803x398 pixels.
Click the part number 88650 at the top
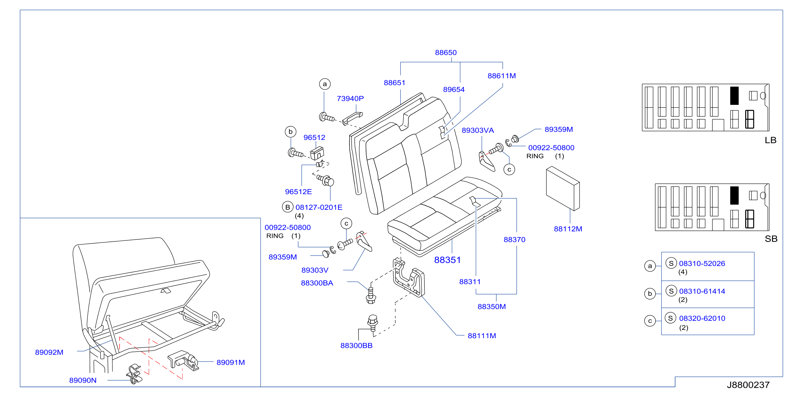(x=446, y=52)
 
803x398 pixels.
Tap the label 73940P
(x=350, y=99)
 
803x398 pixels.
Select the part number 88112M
(x=568, y=229)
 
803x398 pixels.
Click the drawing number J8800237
(x=748, y=385)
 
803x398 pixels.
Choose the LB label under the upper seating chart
(x=771, y=140)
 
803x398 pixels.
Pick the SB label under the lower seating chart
(x=771, y=239)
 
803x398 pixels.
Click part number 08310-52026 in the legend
(x=702, y=264)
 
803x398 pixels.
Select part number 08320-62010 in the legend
(x=702, y=318)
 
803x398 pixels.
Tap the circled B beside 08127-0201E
(x=287, y=207)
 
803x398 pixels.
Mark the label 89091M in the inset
(x=231, y=362)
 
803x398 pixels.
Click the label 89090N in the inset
(x=83, y=380)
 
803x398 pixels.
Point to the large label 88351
(x=447, y=260)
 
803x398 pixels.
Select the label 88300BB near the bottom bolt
(x=356, y=346)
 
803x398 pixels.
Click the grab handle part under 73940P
(x=353, y=118)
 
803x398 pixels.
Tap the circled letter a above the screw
(x=325, y=84)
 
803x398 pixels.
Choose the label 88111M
(x=482, y=336)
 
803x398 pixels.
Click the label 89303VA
(x=478, y=130)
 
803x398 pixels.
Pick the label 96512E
(x=298, y=192)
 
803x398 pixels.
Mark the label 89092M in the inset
(x=49, y=352)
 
